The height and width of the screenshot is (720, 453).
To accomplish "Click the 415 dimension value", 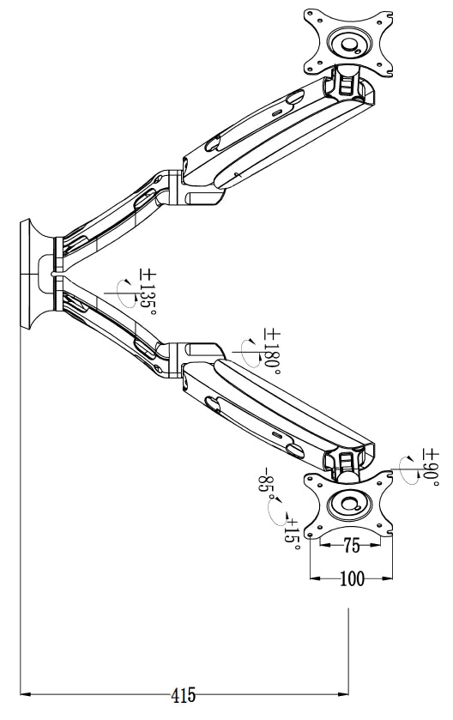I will click(184, 696).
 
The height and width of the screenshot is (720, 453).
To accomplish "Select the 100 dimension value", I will click(351, 579).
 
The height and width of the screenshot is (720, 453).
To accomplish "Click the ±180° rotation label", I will click(271, 349).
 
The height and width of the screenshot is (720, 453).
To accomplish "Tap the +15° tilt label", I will click(292, 529).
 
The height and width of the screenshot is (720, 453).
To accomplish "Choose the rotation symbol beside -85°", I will click(277, 512).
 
